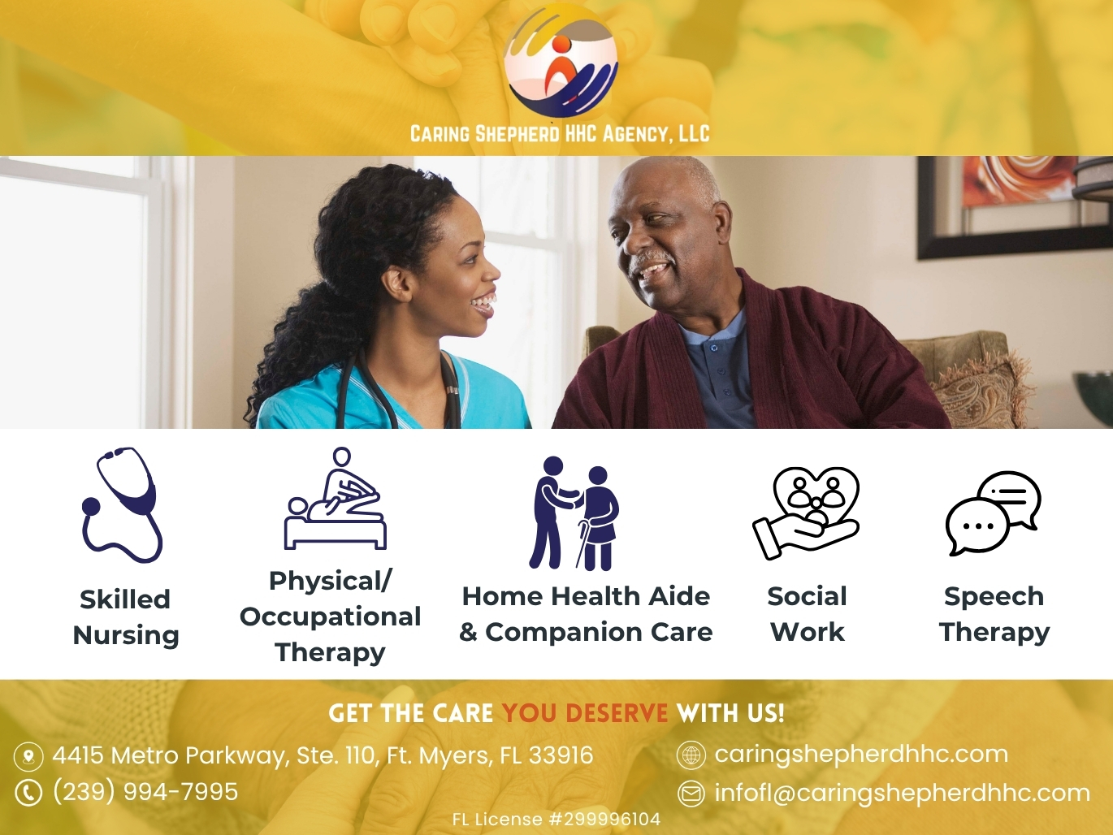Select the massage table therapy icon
(x=336, y=498)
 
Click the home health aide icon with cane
(x=574, y=513)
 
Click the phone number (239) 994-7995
(x=145, y=791)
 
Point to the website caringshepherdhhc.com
(x=861, y=754)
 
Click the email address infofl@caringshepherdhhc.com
(x=902, y=793)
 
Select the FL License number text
(x=556, y=820)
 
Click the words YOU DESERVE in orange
(x=585, y=713)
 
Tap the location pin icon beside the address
(x=28, y=757)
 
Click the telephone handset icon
(x=28, y=793)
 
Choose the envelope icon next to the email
(x=691, y=794)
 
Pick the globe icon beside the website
(x=691, y=755)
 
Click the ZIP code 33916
(x=561, y=755)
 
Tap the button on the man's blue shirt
(x=714, y=348)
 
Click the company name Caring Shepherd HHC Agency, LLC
(x=560, y=134)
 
